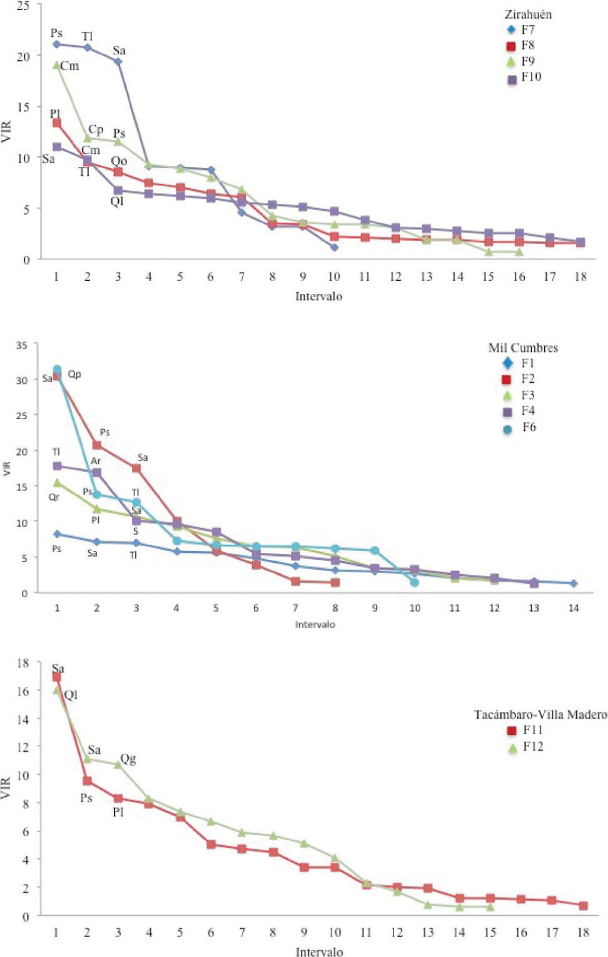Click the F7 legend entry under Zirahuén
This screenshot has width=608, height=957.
click(520, 29)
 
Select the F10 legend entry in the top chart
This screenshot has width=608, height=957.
click(524, 77)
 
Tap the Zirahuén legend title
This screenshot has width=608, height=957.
click(528, 14)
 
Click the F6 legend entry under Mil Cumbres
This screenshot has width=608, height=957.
click(521, 428)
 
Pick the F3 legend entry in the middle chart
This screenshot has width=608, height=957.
click(521, 395)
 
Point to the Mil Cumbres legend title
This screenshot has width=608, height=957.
click(523, 348)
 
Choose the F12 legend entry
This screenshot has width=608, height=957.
click(525, 746)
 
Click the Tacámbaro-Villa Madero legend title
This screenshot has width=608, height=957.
click(540, 714)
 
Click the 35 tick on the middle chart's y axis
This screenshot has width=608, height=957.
click(23, 344)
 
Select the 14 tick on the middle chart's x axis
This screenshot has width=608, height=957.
click(573, 608)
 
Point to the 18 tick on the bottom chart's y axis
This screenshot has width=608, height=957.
click(23, 662)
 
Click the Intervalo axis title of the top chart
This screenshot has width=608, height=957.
click(319, 296)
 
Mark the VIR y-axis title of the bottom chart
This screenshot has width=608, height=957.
click(7, 788)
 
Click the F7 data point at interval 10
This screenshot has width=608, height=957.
click(335, 247)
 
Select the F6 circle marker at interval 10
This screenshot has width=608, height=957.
click(414, 582)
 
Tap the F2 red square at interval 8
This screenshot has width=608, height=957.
click(335, 582)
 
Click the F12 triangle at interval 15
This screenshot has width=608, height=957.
click(490, 906)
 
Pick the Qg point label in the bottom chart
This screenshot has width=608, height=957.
click(128, 759)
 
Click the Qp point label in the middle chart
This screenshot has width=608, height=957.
click(74, 374)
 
